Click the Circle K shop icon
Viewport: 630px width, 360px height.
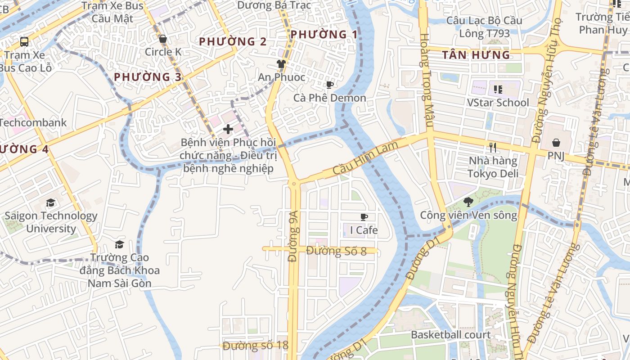pos(163,39)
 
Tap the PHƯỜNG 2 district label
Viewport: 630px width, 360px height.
pos(233,41)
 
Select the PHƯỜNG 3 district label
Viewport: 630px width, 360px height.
pos(148,77)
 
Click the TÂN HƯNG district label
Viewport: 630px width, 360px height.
pos(476,55)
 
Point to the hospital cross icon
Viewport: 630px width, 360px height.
pos(228,130)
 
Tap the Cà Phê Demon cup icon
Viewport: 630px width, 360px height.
pos(330,85)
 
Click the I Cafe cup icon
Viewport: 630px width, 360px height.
pos(364,217)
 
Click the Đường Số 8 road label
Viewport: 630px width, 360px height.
pos(336,251)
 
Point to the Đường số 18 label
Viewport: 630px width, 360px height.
pos(255,346)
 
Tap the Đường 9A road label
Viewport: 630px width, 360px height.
pos(293,244)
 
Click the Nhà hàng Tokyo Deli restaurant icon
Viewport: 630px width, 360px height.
pos(493,147)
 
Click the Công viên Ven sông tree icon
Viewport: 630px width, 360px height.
pos(468,202)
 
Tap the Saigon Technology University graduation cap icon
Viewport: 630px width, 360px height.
pos(50,203)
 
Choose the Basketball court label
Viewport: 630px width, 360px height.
pos(450,335)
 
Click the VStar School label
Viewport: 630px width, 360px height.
pos(498,103)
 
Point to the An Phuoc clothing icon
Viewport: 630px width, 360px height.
pos(281,64)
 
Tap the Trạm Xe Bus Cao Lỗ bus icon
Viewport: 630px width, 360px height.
pos(24,42)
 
